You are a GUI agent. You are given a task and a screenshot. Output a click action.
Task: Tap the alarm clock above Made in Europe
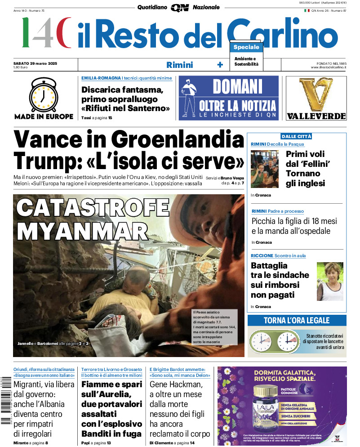[44, 95]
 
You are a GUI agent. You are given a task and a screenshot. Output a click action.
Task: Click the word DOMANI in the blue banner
[237, 87]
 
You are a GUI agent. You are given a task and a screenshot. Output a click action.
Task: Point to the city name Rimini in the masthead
[179, 65]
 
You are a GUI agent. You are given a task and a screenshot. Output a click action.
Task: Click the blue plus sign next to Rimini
[220, 65]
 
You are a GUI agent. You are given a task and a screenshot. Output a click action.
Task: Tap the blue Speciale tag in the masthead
[246, 47]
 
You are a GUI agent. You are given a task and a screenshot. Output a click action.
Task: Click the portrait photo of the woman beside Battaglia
[329, 282]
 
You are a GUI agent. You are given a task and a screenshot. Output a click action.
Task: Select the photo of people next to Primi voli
[265, 169]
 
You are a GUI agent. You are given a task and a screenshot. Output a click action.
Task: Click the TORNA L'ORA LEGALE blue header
[297, 321]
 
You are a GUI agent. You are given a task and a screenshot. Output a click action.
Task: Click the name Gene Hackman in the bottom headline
[176, 384]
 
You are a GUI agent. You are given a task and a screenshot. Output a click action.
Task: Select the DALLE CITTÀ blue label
[296, 136]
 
